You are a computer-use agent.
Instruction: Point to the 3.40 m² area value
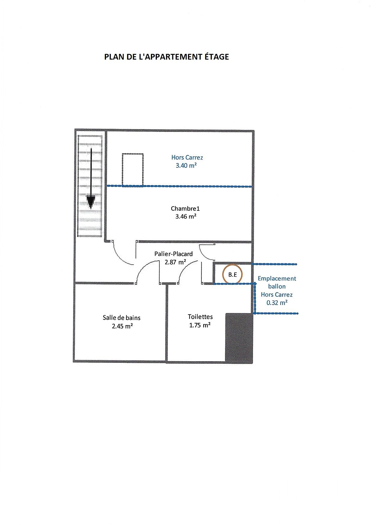(186, 165)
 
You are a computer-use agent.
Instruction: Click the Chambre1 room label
(185, 208)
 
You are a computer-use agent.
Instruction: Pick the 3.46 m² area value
(186, 216)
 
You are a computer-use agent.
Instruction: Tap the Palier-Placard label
(173, 254)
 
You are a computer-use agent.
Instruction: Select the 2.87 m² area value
(175, 262)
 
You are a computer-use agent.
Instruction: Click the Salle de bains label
(122, 318)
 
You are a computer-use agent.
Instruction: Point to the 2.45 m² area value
(123, 326)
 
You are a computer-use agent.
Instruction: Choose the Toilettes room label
(200, 317)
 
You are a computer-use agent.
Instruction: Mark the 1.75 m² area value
(200, 325)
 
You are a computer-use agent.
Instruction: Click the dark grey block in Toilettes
(239, 337)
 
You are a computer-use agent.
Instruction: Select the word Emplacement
(277, 279)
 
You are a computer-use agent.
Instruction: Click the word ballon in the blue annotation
(277, 287)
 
